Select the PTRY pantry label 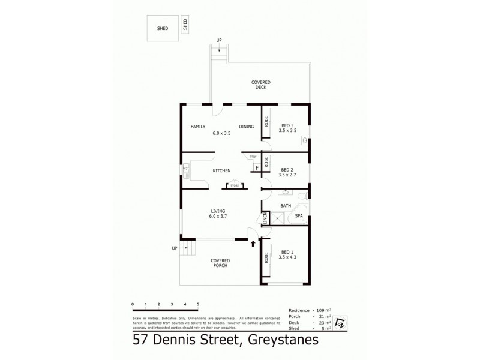tap(253, 157)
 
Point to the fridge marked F tap(256, 167)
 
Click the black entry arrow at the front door tap(253, 244)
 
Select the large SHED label tap(163, 28)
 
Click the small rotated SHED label tap(185, 25)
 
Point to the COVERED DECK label tap(260, 85)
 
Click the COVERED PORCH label tap(220, 262)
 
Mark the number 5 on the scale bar tap(197, 305)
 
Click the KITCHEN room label tap(221, 170)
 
